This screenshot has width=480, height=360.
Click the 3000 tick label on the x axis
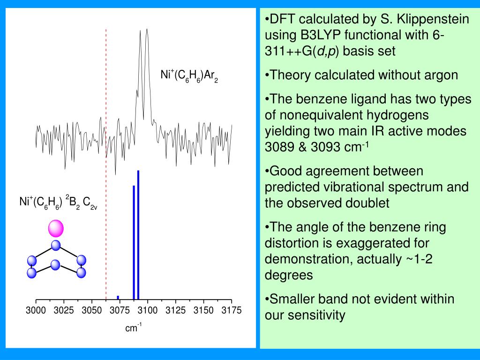click(x=36, y=310)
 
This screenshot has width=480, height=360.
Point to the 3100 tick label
click(x=148, y=310)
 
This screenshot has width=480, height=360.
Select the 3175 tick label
click(x=232, y=310)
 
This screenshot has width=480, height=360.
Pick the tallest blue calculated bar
click(x=138, y=234)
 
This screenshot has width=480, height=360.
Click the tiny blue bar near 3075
click(x=118, y=297)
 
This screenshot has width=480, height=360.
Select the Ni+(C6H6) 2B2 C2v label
click(x=58, y=202)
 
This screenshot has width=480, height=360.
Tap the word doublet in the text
click(x=370, y=203)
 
